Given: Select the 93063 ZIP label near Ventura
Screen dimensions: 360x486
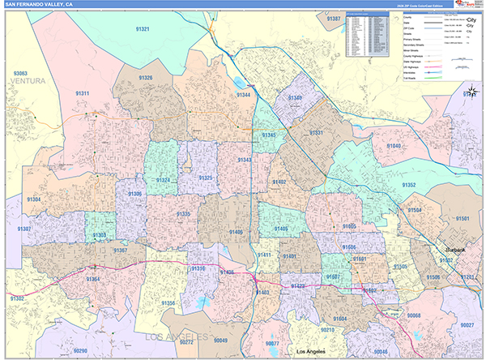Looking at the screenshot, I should pyautogui.click(x=19, y=74).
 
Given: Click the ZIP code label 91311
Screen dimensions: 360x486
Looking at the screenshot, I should pyautogui.click(x=82, y=94).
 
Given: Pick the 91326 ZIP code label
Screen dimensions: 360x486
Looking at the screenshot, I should pyautogui.click(x=145, y=78).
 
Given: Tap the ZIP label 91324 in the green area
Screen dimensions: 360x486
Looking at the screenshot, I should pyautogui.click(x=163, y=180).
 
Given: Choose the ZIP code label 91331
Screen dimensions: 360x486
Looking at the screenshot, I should pyautogui.click(x=316, y=133).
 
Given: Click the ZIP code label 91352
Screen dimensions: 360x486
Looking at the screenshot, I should pyautogui.click(x=409, y=186).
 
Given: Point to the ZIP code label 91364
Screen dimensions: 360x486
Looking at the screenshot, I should pyautogui.click(x=93, y=280).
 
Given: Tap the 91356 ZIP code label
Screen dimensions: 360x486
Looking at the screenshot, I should pyautogui.click(x=168, y=303).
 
